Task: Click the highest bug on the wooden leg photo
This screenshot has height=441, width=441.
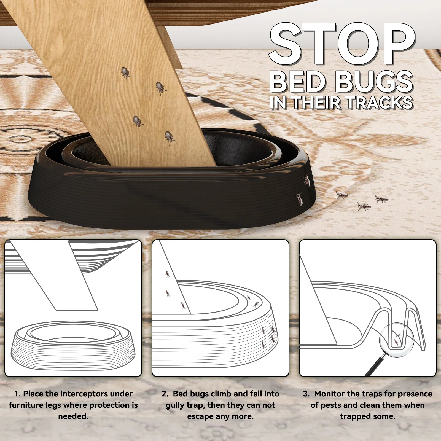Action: coord(126,73)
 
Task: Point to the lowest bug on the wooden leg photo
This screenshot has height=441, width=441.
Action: coord(170,138)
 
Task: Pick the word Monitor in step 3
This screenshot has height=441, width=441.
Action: coord(330,394)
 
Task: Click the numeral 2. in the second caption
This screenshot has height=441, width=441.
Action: coord(165,394)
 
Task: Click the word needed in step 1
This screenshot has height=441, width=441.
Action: coord(73,416)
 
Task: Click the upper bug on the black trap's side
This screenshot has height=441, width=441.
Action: coord(306,180)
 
